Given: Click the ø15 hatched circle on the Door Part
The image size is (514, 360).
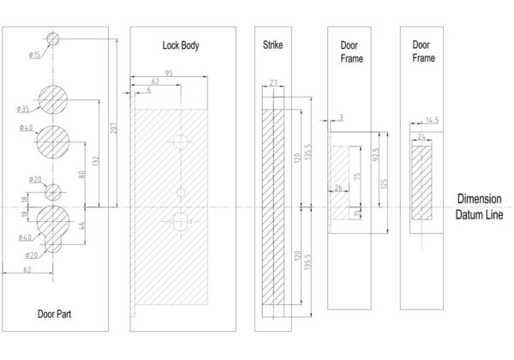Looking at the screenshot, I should (53, 39).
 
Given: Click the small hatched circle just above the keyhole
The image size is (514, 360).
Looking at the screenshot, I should (53, 191).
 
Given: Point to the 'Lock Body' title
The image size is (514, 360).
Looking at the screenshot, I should (181, 45).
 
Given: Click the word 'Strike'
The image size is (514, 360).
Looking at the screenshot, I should (272, 44).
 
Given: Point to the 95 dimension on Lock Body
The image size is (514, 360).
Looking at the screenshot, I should (170, 74).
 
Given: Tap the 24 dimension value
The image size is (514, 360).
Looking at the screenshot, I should (421, 136).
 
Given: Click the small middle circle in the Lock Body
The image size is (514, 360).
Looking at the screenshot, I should (181, 190).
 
